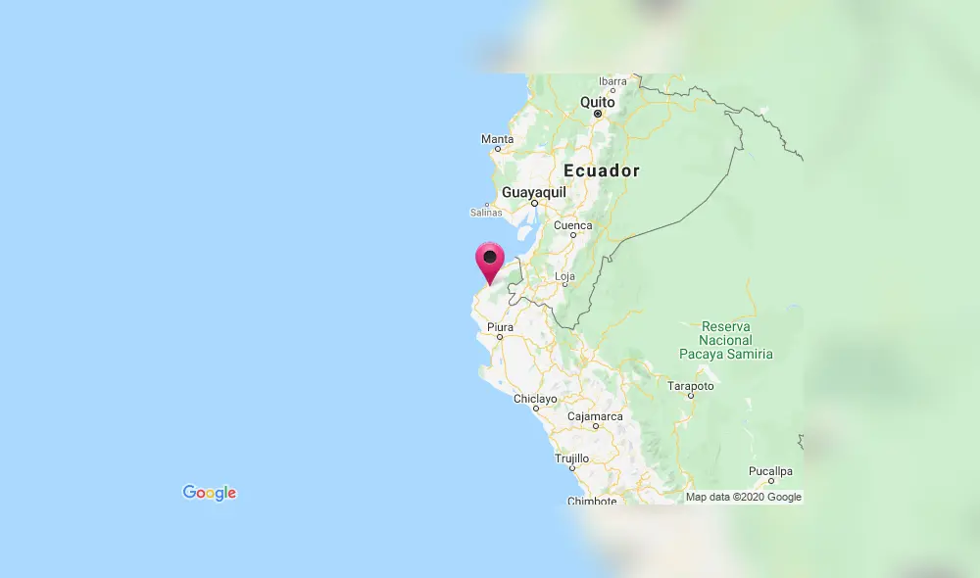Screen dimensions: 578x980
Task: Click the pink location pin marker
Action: [489, 260]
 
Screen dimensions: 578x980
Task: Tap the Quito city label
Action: [597, 102]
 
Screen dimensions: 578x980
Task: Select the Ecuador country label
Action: [602, 170]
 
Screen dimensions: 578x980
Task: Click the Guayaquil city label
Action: [534, 193]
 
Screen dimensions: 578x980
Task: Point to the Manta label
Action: [497, 139]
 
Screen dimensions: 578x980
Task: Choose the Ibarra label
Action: [612, 81]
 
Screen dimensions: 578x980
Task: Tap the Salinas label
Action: [485, 213]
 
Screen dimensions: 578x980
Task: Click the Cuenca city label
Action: [573, 225]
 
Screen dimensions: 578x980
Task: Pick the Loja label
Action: [564, 276]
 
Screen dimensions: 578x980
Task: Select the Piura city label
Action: [499, 326]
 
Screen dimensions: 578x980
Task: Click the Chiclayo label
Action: [535, 399]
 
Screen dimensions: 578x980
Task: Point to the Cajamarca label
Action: [595, 416]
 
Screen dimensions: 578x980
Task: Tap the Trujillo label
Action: [572, 458]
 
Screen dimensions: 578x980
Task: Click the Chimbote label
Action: [592, 501]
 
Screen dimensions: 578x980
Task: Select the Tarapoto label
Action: [691, 386]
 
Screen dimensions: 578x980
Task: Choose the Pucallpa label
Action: [770, 471]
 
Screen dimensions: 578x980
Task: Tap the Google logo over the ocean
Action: [210, 493]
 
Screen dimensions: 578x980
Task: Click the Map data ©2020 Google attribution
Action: [744, 497]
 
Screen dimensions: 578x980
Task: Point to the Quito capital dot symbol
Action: [597, 114]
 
